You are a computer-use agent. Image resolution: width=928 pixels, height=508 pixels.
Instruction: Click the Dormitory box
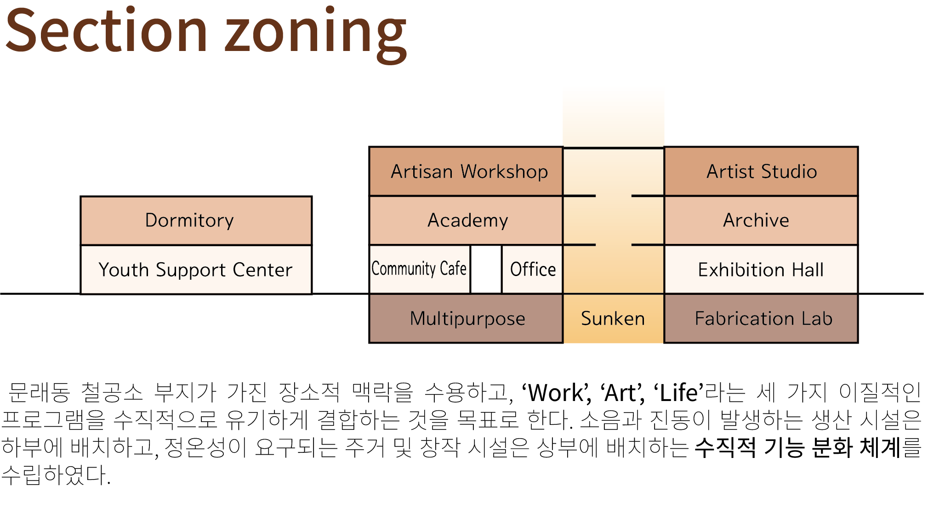(196, 220)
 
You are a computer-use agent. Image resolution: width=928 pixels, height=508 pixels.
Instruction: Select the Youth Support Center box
(196, 270)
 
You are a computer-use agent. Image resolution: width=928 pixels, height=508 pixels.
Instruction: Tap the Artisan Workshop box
(466, 171)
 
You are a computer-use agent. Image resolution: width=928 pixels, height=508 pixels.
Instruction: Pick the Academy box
(466, 220)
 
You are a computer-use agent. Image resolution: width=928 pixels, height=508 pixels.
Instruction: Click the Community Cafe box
(420, 269)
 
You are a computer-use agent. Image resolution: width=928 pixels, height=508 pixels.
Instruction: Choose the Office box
(533, 269)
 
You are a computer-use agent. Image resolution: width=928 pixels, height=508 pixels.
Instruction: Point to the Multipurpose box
(466, 318)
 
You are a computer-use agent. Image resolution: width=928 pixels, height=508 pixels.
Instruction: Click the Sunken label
(613, 318)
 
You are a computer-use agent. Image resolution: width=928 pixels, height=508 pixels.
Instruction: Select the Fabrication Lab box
(761, 318)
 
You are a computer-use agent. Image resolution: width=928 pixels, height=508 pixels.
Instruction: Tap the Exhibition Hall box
(761, 270)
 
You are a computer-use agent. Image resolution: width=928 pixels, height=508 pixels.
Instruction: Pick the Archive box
(761, 220)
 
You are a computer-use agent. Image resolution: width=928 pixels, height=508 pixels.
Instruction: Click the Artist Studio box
(761, 171)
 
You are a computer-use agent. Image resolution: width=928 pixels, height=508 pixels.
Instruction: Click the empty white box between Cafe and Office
(486, 269)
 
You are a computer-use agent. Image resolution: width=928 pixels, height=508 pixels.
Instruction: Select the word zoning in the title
(316, 35)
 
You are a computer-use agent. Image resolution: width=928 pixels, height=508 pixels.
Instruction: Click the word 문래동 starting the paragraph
(40, 393)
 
